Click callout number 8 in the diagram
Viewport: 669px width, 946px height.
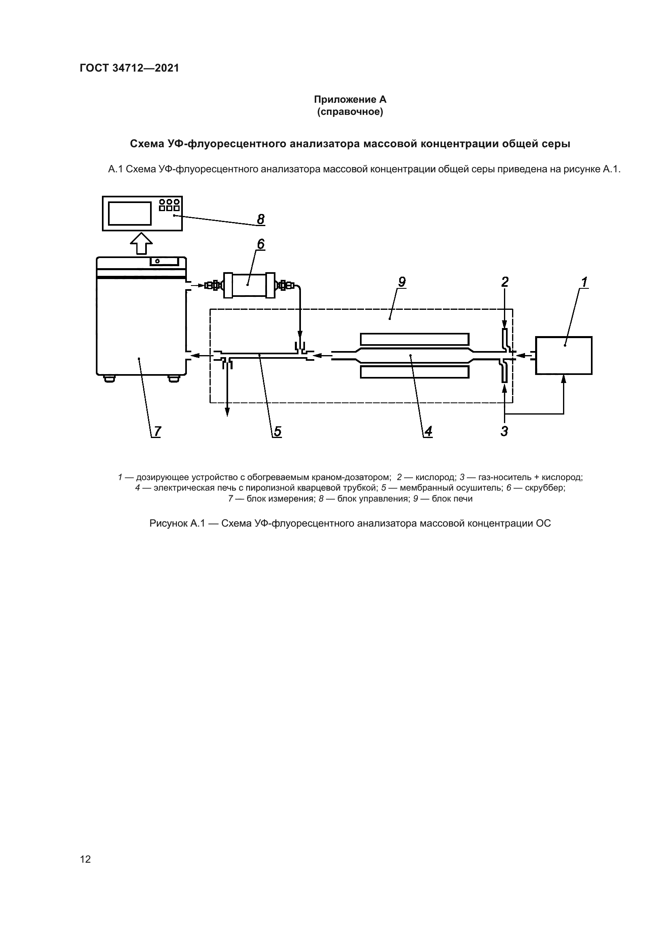coord(261,219)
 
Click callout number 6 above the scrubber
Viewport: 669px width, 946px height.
coord(261,244)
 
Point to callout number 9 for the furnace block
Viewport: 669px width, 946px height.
coord(402,282)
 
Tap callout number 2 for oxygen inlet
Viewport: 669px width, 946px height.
coord(505,282)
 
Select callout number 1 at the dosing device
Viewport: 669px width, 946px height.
coord(584,282)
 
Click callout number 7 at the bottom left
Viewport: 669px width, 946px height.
coord(157,432)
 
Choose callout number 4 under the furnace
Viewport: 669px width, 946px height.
coord(428,432)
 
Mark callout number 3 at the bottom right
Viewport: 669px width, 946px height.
coord(504,432)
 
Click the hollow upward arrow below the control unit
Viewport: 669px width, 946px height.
coord(141,243)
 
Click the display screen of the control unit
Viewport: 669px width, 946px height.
coord(130,214)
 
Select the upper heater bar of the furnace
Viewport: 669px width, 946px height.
coord(415,339)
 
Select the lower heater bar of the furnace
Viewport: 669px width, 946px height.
coord(415,372)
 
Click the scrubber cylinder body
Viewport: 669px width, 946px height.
coord(249,285)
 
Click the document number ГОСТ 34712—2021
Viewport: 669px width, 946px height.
coord(129,68)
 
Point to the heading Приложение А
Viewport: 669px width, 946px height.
coord(350,99)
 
